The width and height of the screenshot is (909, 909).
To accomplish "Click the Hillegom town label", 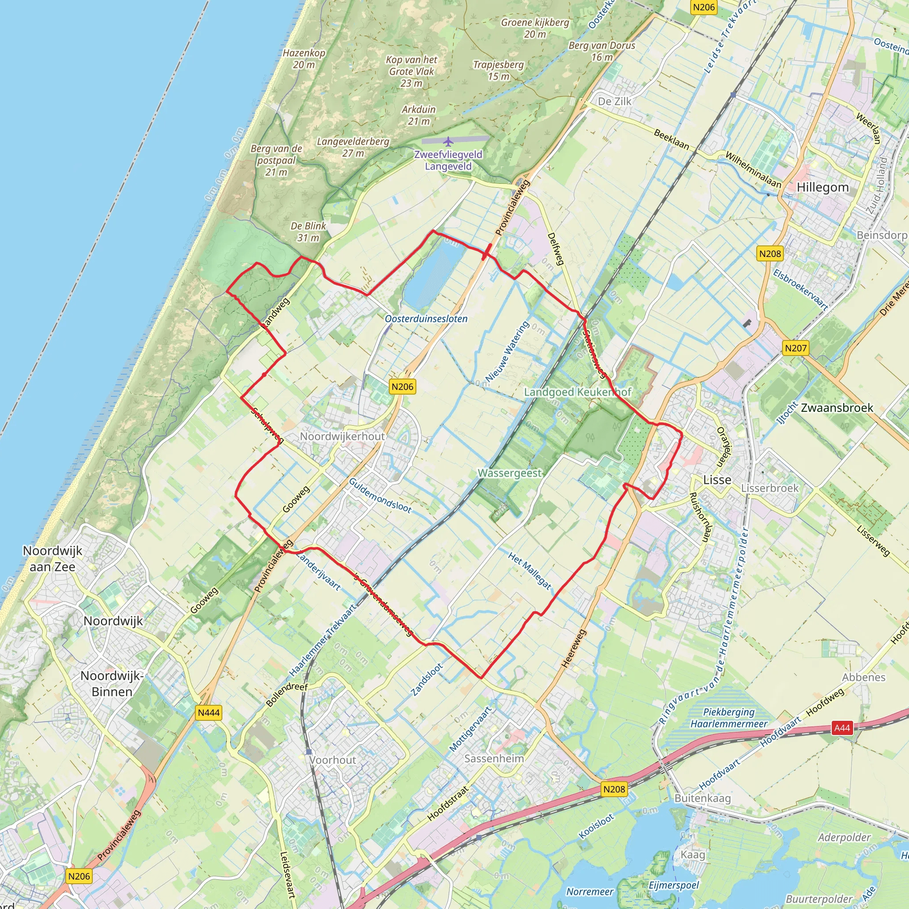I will (822, 188).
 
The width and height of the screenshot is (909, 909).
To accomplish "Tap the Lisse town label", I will (717, 480).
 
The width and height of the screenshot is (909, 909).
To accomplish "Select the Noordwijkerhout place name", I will (343, 436).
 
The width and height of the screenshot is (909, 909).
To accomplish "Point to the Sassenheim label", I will (494, 759).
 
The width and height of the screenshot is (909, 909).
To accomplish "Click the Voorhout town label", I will (332, 760).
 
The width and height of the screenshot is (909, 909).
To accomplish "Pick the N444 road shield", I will (209, 713).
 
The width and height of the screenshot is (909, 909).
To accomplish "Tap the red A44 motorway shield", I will (842, 728).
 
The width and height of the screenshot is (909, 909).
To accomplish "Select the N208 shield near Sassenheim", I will (614, 789).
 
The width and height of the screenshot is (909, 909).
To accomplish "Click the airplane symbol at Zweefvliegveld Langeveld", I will (448, 141).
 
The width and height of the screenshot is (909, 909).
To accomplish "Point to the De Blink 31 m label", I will (308, 232).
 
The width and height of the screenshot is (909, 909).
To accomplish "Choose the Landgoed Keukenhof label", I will (577, 392).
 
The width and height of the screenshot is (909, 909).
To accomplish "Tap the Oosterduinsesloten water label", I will (426, 319).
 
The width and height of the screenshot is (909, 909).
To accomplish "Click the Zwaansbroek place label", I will (837, 408).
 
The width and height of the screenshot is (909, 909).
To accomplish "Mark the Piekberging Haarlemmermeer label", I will (729, 718).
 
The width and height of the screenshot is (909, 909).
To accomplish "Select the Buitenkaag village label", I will (703, 798).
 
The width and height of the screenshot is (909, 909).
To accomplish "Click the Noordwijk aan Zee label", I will (52, 558).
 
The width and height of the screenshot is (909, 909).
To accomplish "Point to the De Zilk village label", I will (614, 102).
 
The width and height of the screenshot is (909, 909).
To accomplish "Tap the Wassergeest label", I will (510, 473).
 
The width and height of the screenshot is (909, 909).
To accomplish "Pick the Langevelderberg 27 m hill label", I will (353, 147).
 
